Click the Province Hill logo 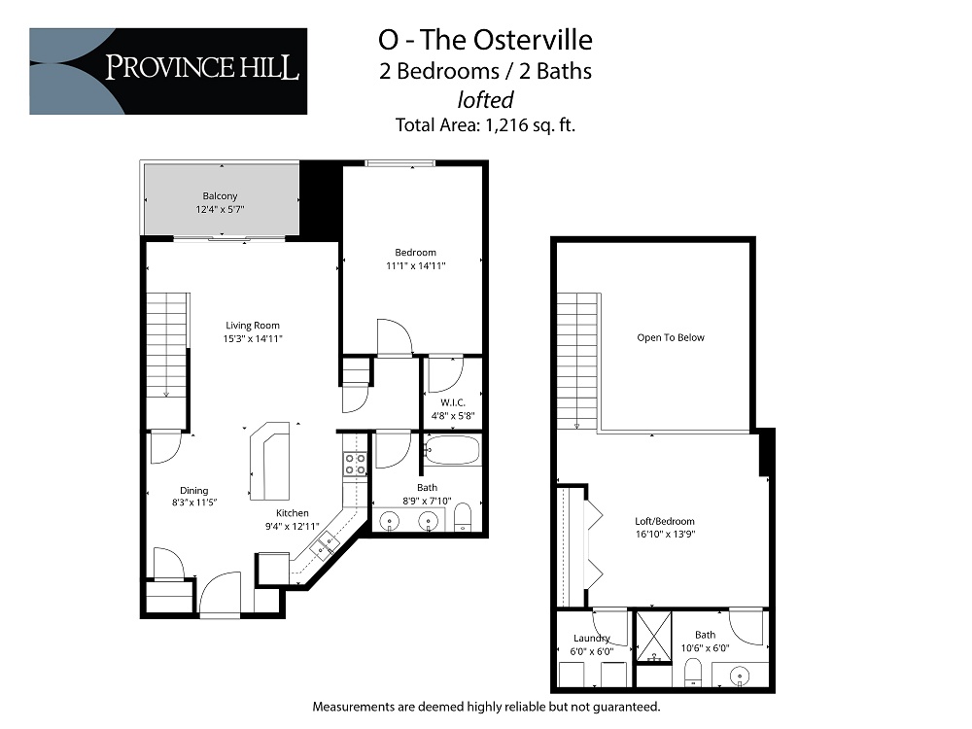(x=168, y=71)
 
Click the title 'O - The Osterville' (x=485, y=40)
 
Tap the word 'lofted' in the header (x=485, y=98)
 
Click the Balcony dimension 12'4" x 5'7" (x=221, y=209)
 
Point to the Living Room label (x=253, y=326)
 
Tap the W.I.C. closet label (x=453, y=401)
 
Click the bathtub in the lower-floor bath (x=452, y=451)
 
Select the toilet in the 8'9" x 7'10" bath (x=464, y=516)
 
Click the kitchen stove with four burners (x=355, y=464)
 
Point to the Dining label (x=194, y=491)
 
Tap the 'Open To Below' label (x=671, y=338)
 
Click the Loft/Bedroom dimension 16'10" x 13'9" (x=665, y=534)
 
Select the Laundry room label (x=592, y=639)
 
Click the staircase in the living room (x=167, y=345)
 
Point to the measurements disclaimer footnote (x=486, y=707)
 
